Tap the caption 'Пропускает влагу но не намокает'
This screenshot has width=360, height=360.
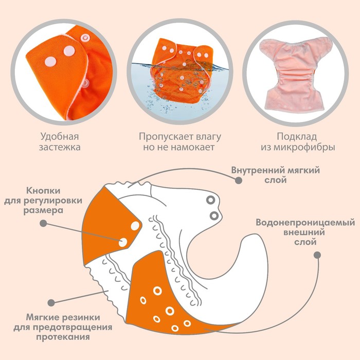pos(179,142)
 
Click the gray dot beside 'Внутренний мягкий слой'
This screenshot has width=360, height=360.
pos(238,181)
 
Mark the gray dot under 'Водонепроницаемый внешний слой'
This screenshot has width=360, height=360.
pos(317,255)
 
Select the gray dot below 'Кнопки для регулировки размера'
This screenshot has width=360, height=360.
pos(43,224)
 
